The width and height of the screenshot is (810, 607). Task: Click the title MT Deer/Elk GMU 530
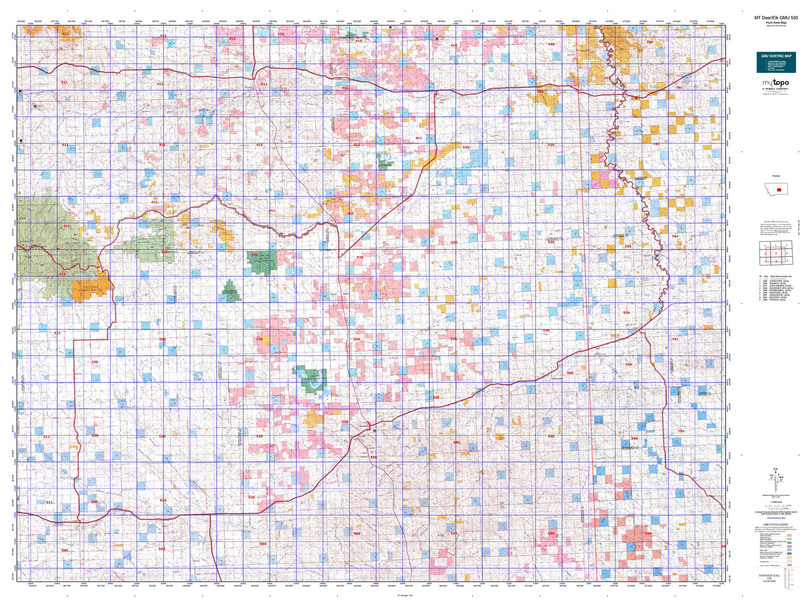(x=776, y=18)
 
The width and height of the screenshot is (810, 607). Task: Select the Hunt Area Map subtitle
(x=776, y=23)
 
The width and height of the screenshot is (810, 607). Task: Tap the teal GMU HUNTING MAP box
(x=776, y=62)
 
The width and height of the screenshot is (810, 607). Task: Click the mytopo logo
(x=775, y=83)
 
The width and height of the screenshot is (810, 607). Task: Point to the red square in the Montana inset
(x=779, y=190)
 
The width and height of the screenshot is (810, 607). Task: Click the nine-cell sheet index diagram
(x=776, y=253)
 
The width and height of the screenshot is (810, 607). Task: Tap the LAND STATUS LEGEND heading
(x=775, y=524)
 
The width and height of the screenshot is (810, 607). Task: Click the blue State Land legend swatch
(x=789, y=550)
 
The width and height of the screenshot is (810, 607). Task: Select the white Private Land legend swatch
(x=789, y=562)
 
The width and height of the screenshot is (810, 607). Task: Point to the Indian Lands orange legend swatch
(x=789, y=565)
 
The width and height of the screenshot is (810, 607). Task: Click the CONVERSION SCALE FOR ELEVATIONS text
(x=769, y=578)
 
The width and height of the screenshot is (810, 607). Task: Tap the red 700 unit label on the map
(x=650, y=42)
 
